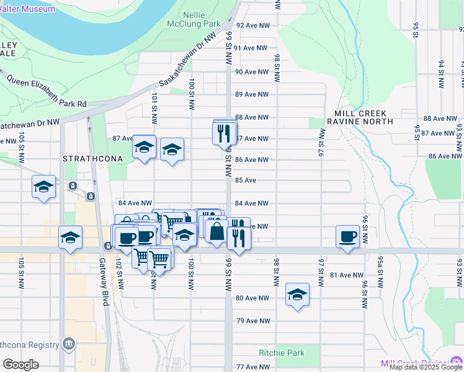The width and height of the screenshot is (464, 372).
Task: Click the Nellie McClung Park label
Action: tap(202, 19)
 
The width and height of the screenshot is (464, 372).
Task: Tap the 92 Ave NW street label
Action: tap(253, 25)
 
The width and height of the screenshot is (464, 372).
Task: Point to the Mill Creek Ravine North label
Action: tap(360, 117)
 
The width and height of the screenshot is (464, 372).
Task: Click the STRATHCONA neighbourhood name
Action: tap(93, 159)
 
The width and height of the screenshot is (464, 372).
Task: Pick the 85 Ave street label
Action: tap(246, 180)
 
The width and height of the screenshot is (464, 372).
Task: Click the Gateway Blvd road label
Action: tap(105, 290)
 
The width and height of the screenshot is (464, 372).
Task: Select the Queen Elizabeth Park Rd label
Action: tap(47, 92)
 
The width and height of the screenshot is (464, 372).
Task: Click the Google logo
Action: tap(20, 365)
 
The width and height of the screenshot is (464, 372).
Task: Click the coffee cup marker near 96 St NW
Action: tap(347, 236)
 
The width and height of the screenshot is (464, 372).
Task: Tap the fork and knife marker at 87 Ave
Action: tap(224, 133)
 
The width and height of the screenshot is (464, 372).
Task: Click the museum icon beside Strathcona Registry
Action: tap(69, 344)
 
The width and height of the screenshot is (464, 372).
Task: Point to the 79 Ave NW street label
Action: tap(254, 321)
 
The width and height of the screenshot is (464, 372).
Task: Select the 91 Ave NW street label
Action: tap(251, 48)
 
